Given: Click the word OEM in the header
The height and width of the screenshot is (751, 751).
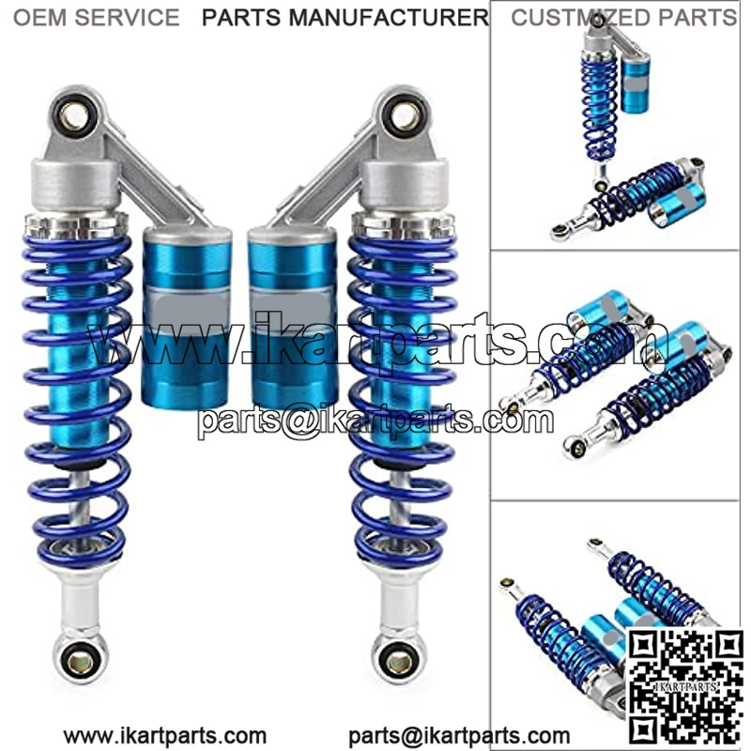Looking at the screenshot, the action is (39, 18).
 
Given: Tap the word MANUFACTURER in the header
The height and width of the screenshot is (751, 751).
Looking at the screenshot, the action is (389, 18).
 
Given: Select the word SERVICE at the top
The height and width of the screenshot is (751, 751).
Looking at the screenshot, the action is (127, 18).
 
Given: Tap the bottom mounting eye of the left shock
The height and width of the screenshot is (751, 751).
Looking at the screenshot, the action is (80, 661).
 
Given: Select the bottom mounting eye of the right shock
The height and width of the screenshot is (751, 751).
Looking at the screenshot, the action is (400, 662).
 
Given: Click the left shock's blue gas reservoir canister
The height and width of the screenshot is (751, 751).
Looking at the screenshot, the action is (187, 318).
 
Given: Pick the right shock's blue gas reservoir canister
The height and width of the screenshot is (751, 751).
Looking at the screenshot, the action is (293, 318).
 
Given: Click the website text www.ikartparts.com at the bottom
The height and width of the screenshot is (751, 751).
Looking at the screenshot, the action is (165, 735).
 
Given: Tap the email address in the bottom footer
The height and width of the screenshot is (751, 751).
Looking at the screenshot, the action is (459, 735).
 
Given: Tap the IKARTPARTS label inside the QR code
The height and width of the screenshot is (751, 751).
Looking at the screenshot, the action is (686, 686).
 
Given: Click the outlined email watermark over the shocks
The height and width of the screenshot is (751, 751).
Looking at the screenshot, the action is (376, 421).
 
